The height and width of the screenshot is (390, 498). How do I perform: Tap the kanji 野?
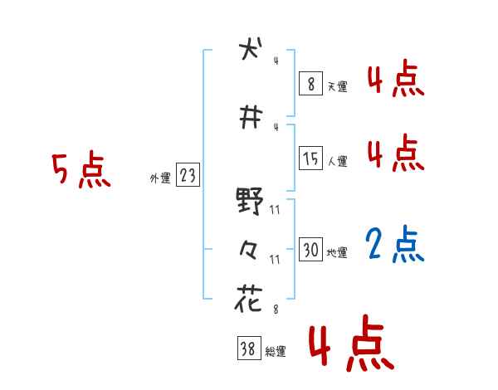pyautogui.click(x=249, y=200)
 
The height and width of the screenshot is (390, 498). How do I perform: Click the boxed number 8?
pyautogui.click(x=310, y=84)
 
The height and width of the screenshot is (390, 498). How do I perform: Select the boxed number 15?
pyautogui.click(x=310, y=158)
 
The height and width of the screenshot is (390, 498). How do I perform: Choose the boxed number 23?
pyautogui.click(x=188, y=176)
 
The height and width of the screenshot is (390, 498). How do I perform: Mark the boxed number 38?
pyautogui.click(x=248, y=349)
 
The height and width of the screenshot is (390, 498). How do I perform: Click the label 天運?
pyautogui.click(x=337, y=86)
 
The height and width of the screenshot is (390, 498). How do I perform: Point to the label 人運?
pyautogui.click(x=337, y=161)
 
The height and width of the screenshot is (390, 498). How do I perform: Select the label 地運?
pyautogui.click(x=337, y=253)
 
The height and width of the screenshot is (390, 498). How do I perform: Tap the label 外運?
pyautogui.click(x=159, y=178)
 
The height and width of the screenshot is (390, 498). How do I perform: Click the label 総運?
pyautogui.click(x=276, y=352)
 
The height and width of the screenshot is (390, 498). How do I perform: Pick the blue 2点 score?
pyautogui.click(x=395, y=246)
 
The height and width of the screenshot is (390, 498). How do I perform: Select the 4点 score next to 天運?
pyautogui.click(x=395, y=80)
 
